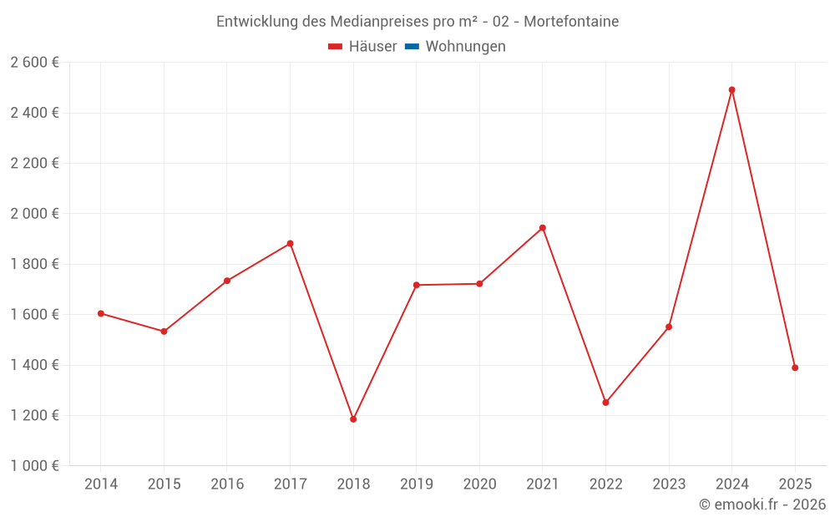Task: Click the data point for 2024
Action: (x=731, y=90)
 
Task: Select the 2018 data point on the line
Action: (x=353, y=419)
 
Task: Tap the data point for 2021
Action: (x=543, y=228)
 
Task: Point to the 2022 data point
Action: (x=605, y=403)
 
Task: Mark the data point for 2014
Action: (x=101, y=313)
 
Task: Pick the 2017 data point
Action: (x=290, y=244)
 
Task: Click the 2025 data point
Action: (x=795, y=367)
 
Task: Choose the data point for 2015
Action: (x=164, y=332)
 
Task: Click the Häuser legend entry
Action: (x=362, y=47)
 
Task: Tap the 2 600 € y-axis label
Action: (x=34, y=63)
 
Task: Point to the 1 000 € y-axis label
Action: (x=34, y=466)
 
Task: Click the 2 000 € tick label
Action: (x=34, y=214)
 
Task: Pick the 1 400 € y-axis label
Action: (x=34, y=365)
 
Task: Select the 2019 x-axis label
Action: (x=416, y=484)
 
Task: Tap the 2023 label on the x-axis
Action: (x=669, y=484)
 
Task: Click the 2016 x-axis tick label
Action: (x=227, y=484)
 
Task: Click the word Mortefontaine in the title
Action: (x=571, y=22)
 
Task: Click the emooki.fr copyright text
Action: (x=762, y=504)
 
